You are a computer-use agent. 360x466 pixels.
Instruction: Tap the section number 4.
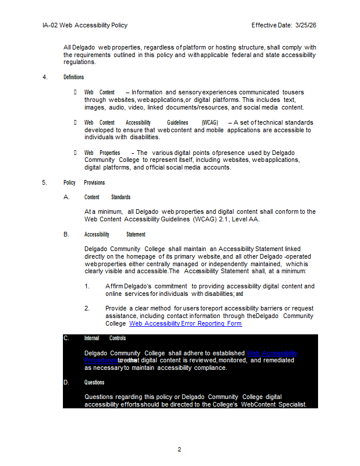tap(45, 77)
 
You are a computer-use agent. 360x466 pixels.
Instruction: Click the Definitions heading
tap(73, 77)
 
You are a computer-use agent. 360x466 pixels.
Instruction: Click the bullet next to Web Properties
tap(75, 153)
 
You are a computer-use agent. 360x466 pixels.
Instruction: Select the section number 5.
tap(45, 182)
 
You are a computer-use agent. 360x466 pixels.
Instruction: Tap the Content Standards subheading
tap(107, 197)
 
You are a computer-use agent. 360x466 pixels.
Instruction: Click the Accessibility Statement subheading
tap(115, 234)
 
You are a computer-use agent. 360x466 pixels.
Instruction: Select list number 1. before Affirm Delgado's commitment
tap(87, 286)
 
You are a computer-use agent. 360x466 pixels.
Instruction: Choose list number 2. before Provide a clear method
tap(87, 308)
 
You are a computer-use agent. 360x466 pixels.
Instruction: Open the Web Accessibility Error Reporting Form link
tap(185, 323)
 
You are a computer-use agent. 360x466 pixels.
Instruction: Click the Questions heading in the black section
tap(94, 382)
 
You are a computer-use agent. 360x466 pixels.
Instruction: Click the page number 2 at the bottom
tap(179, 449)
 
